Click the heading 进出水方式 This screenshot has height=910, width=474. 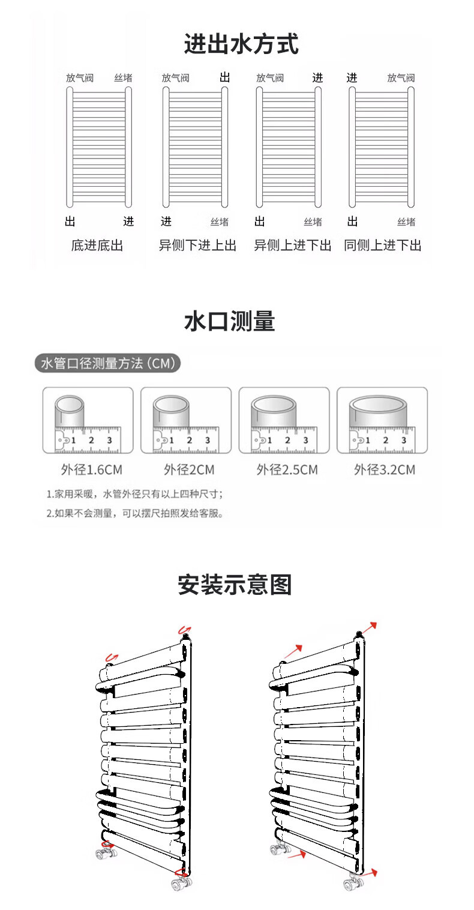(x=241, y=45)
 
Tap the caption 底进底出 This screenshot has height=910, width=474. (x=97, y=246)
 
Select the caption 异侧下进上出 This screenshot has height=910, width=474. (x=197, y=246)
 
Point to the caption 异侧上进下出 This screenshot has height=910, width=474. (x=292, y=246)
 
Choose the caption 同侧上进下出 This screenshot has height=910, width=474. (x=383, y=246)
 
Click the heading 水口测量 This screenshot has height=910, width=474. (x=229, y=322)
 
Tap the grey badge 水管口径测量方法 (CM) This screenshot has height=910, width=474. (x=107, y=364)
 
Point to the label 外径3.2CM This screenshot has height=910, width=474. (x=384, y=469)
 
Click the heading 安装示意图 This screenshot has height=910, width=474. (x=235, y=584)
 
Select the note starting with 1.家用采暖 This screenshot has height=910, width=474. (x=135, y=495)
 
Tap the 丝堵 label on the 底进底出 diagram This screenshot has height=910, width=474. (x=124, y=78)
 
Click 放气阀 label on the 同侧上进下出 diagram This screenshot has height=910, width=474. (x=401, y=78)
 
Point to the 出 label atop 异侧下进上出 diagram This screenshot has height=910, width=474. (x=225, y=77)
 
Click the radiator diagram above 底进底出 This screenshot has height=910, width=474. (x=98, y=148)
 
